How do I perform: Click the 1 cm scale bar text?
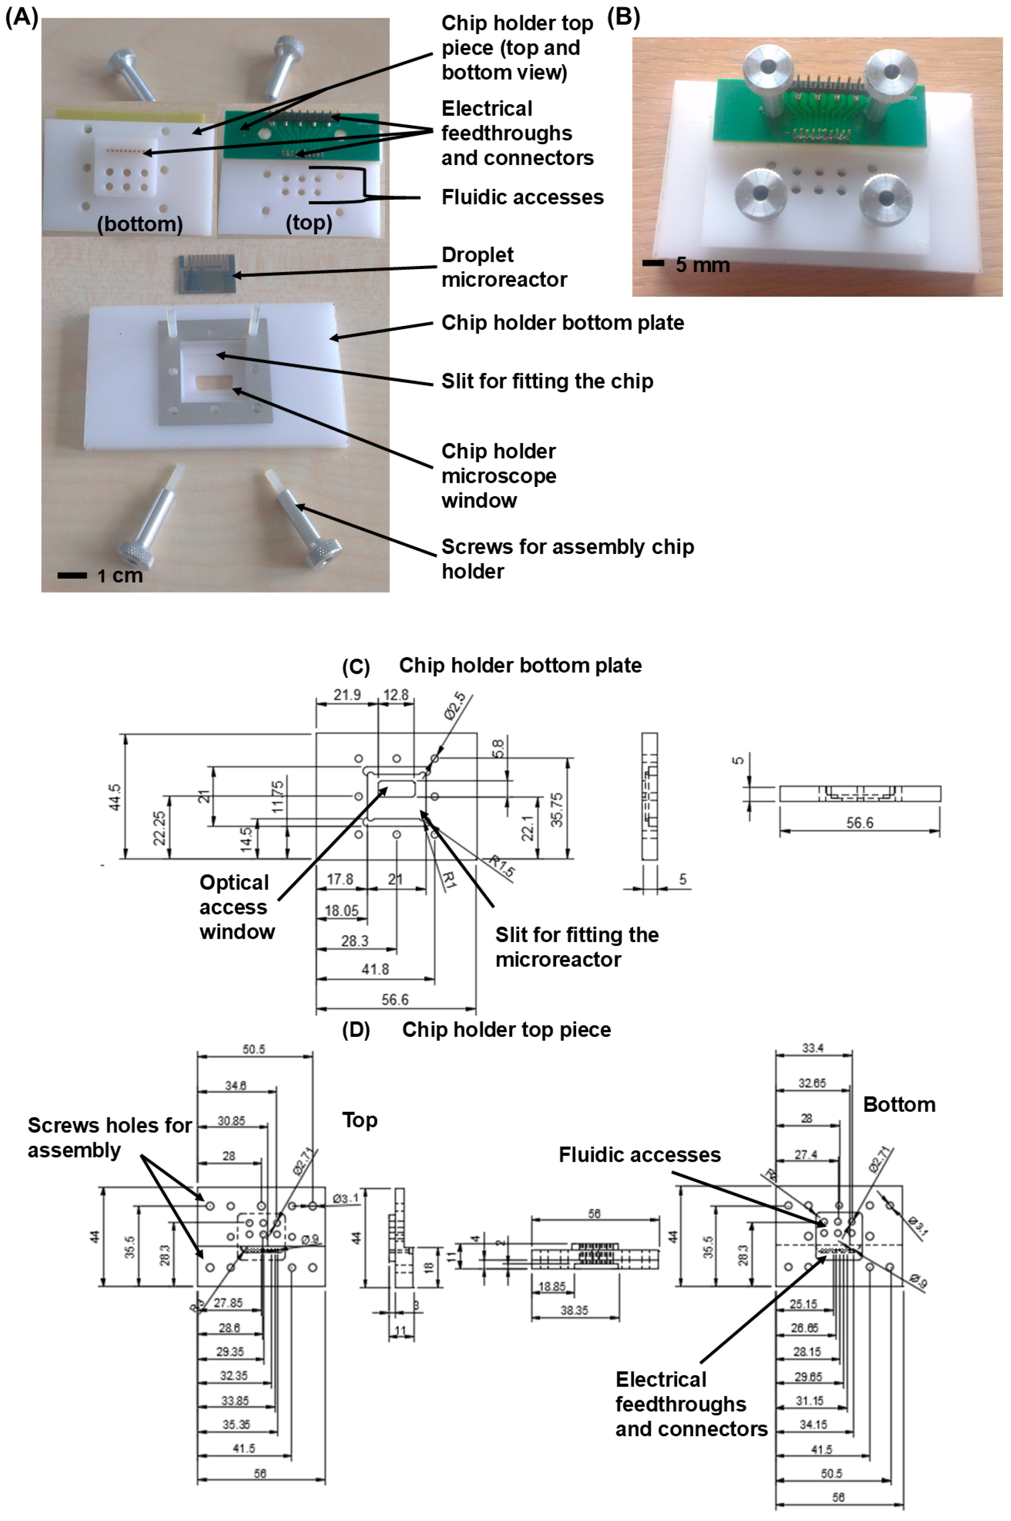point(119,575)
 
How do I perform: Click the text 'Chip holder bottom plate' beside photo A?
point(562,322)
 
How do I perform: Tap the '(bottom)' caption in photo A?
point(140,224)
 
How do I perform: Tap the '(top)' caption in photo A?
point(309,223)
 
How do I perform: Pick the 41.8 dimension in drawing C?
point(375,969)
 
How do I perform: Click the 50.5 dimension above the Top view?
point(253,1050)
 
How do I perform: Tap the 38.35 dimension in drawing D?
point(574,1311)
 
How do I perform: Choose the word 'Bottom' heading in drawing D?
point(899,1104)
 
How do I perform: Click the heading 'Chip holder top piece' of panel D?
point(506,1029)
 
